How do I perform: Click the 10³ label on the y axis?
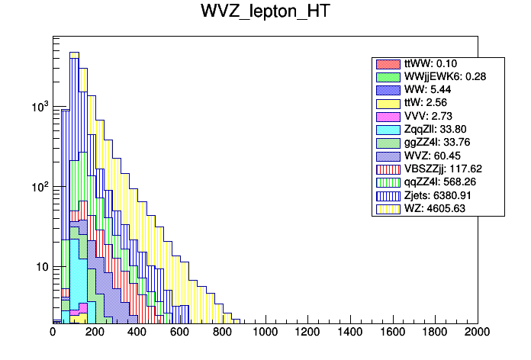click(x=38, y=107)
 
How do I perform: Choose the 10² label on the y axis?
click(x=38, y=187)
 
